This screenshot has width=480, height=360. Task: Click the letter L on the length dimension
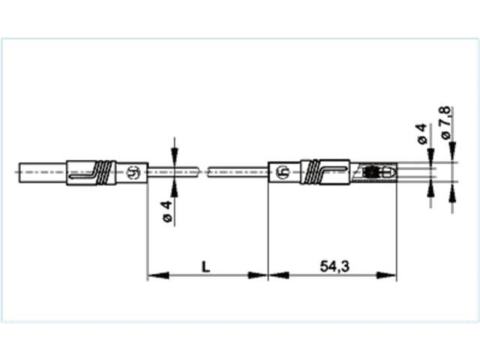click(x=205, y=265)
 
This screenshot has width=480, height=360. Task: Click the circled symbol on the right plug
click(x=283, y=172)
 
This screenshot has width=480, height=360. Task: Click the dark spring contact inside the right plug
click(x=370, y=172)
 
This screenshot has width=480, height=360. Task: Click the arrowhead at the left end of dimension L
click(x=152, y=276)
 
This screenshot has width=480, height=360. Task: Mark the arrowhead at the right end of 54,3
click(x=391, y=276)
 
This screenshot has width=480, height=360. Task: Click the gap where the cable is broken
click(x=202, y=172)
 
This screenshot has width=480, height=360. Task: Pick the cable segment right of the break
click(x=236, y=172)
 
